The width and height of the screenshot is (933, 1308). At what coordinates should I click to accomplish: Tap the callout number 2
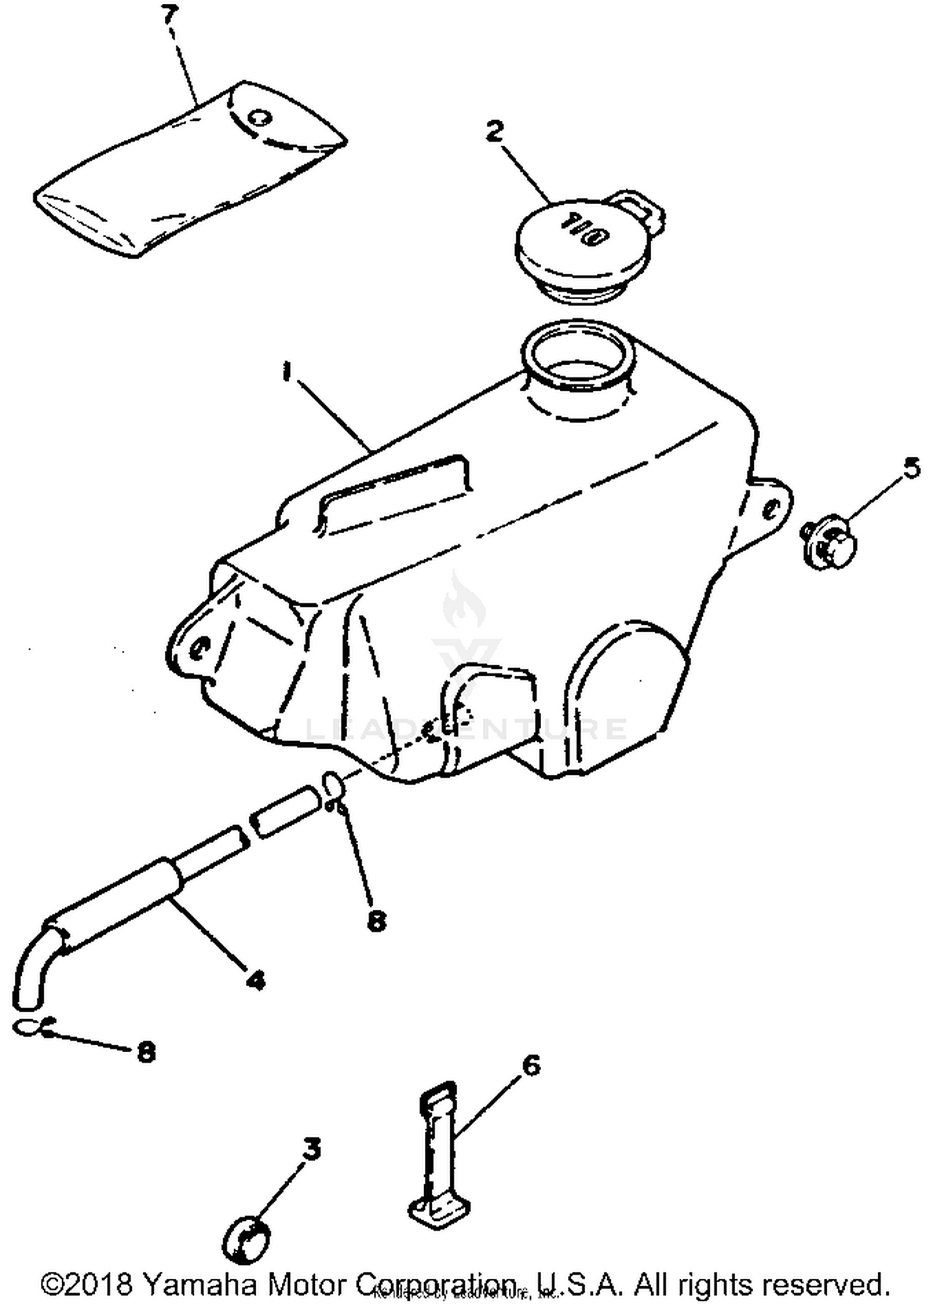coord(494,132)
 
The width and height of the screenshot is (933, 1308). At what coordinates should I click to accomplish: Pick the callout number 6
coord(530,1066)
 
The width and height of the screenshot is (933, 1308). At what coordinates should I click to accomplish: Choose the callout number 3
coord(311,1149)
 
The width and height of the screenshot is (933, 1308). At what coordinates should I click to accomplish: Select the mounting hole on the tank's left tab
coord(199,650)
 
